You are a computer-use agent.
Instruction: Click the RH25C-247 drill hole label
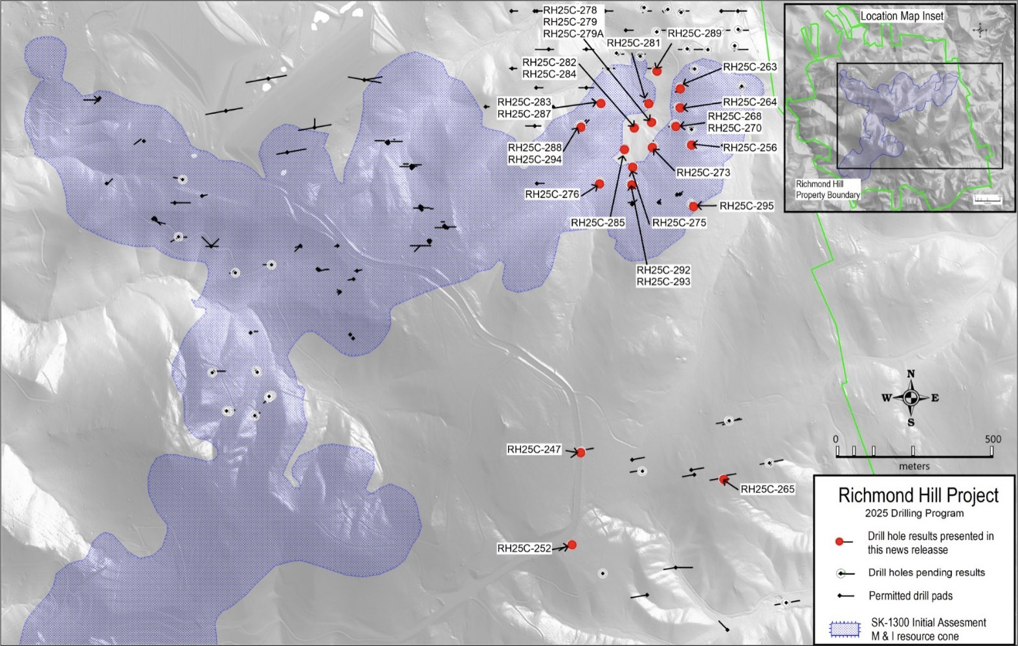pyautogui.click(x=534, y=449)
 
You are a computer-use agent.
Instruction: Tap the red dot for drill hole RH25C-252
pyautogui.click(x=571, y=545)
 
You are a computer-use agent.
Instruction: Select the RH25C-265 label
pyautogui.click(x=768, y=489)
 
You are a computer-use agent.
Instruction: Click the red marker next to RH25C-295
pyautogui.click(x=694, y=206)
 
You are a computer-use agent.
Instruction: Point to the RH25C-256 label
pyautogui.click(x=749, y=148)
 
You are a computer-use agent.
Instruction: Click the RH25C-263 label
pyautogui.click(x=749, y=67)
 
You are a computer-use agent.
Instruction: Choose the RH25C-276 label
pyautogui.click(x=552, y=194)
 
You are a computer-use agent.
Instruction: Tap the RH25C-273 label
pyautogui.click(x=703, y=173)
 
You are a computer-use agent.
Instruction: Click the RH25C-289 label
pyautogui.click(x=694, y=34)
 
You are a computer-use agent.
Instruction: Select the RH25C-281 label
pyautogui.click(x=634, y=43)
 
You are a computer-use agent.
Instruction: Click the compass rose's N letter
pyautogui.click(x=911, y=374)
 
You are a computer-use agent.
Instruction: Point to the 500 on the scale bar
pyautogui.click(x=993, y=439)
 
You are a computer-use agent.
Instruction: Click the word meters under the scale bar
pyautogui.click(x=914, y=466)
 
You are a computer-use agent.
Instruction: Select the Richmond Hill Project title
pyautogui.click(x=918, y=496)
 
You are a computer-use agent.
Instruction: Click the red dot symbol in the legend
pyautogui.click(x=839, y=542)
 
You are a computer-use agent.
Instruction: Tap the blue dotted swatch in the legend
pyautogui.click(x=845, y=629)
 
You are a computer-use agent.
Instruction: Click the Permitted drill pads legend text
pyautogui.click(x=911, y=596)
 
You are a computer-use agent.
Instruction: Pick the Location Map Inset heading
pyautogui.click(x=902, y=16)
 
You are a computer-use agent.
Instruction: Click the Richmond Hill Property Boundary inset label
pyautogui.click(x=828, y=190)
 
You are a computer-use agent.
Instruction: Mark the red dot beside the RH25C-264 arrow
pyautogui.click(x=680, y=107)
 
